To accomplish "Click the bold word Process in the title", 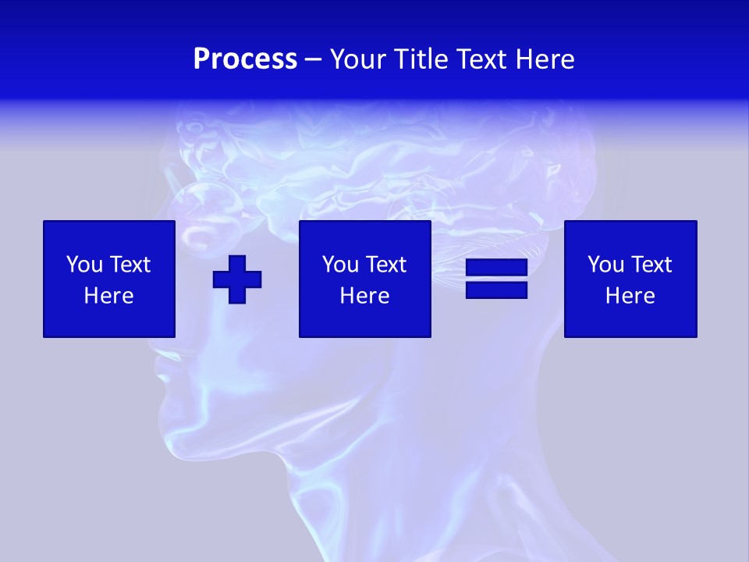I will coord(245,59).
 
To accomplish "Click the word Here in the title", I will coord(545,59).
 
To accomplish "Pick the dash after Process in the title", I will coord(314,60).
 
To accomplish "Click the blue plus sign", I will coord(237,279).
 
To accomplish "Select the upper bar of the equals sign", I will coord(496,269).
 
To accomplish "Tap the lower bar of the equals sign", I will coord(496,290).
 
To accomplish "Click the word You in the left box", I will coord(84,265).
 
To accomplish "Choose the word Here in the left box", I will coord(109,296).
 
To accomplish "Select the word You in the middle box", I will coord(340,265).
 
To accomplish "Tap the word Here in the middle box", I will coord(365,296).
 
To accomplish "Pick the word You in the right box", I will coord(605,265).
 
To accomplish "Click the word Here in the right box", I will coord(630,296).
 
